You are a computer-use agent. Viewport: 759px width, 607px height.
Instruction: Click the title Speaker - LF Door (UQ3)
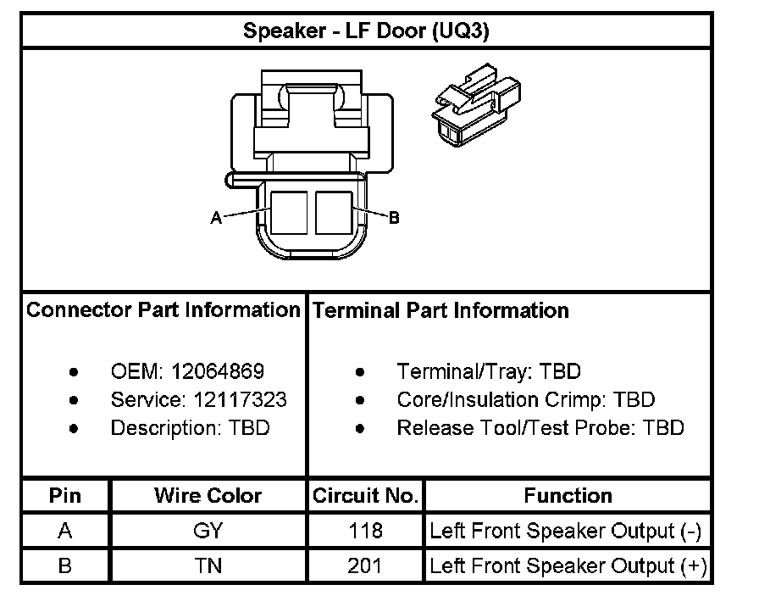click(366, 32)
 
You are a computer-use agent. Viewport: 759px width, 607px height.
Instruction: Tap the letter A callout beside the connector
click(216, 218)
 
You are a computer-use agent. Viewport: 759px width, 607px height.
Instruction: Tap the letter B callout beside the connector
click(393, 218)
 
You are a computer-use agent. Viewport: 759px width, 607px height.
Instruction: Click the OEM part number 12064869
click(218, 371)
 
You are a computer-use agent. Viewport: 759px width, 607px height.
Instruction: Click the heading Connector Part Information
click(163, 310)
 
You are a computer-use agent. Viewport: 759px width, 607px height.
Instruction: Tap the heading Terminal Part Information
click(440, 311)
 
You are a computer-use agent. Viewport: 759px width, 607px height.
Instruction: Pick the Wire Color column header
click(208, 496)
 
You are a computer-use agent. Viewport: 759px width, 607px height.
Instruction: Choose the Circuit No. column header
click(366, 496)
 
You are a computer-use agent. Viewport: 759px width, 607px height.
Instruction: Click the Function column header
click(568, 496)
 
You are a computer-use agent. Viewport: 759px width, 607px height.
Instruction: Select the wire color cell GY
click(208, 532)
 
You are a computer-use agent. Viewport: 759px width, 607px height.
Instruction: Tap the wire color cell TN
click(208, 565)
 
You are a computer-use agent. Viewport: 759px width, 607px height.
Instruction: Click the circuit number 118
click(366, 532)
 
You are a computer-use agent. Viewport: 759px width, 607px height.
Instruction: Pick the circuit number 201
click(366, 565)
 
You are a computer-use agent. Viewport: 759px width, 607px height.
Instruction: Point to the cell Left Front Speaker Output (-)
click(566, 532)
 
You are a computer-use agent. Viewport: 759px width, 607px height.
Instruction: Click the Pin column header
click(65, 496)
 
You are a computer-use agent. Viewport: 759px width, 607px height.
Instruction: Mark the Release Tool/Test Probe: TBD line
click(540, 428)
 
